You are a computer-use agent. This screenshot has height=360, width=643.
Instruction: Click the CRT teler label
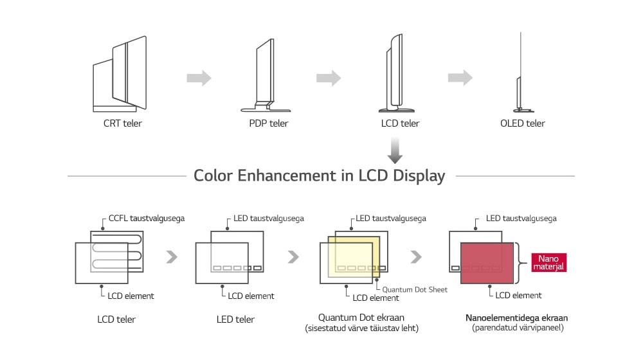pos(122,123)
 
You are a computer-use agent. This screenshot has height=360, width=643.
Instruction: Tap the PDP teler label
pos(269,123)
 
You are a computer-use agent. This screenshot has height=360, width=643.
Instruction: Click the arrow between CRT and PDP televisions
pos(199,78)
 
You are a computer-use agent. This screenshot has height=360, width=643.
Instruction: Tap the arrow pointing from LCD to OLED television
pos(460,78)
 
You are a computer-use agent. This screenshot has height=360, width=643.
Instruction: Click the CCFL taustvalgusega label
pos(147,219)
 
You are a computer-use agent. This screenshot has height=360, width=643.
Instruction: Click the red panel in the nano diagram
pos(487,262)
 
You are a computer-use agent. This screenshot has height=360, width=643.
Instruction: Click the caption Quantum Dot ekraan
pos(362,318)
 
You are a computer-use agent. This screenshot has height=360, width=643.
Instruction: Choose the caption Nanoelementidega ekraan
pos(516,318)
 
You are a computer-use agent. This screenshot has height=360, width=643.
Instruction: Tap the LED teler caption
pos(235,319)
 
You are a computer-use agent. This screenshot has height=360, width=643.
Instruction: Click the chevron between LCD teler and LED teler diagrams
pos(171,257)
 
